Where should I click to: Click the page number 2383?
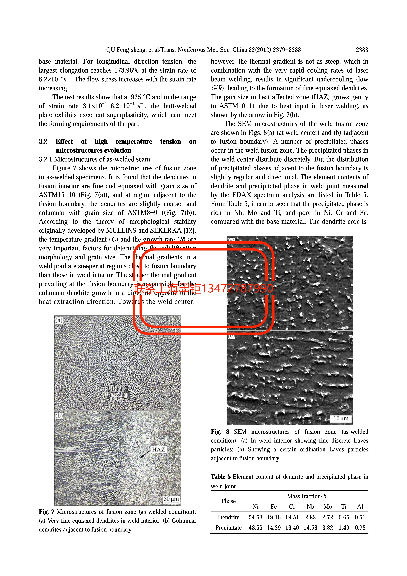(362, 50)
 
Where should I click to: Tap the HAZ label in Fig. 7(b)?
(158, 449)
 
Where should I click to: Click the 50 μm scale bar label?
(171, 499)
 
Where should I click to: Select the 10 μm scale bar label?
(341, 418)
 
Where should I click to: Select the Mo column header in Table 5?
(327, 507)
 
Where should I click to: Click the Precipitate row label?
(228, 528)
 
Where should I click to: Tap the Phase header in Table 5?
(228, 501)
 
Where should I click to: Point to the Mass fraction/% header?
(307, 496)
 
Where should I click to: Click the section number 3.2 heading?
(43, 141)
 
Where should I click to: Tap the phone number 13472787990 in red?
(237, 288)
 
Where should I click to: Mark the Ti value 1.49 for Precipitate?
(344, 528)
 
